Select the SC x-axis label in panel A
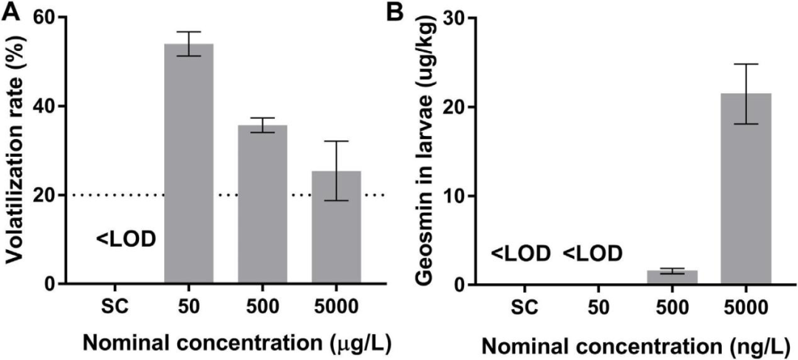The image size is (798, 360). pyautogui.click(x=115, y=305)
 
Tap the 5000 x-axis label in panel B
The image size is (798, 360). pyautogui.click(x=746, y=305)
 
